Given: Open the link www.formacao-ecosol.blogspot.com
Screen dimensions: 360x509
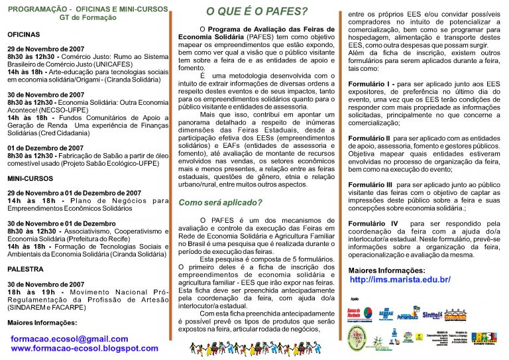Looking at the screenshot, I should (x=85, y=348).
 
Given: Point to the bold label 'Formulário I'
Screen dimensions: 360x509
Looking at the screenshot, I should (x=371, y=84).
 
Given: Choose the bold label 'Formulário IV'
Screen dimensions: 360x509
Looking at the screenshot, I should (x=373, y=223).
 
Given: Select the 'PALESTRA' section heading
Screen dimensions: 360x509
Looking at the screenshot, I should (x=25, y=270).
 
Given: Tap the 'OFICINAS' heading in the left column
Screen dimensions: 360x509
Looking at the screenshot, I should (x=24, y=34).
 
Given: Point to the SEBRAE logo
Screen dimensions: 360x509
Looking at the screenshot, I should (x=386, y=314).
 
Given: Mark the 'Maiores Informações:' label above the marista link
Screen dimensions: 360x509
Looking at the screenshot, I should (x=387, y=270).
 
